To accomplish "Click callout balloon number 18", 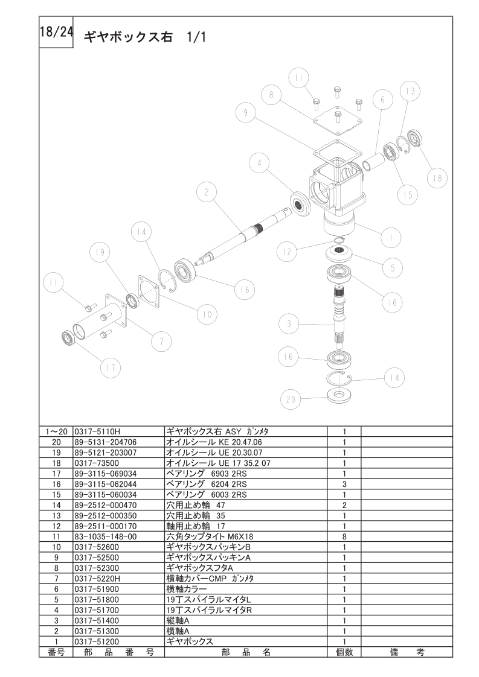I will pos(437,177).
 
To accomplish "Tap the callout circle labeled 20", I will pos(291,399).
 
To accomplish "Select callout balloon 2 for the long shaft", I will pos(207,193).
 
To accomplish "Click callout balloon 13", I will pos(410,91).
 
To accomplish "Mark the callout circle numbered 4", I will pos(258,163).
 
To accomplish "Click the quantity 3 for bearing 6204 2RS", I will pos(344,484).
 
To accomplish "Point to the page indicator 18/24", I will pos(56,33).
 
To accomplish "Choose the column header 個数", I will pos(344,652).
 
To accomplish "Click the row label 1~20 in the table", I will pos(56,432).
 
